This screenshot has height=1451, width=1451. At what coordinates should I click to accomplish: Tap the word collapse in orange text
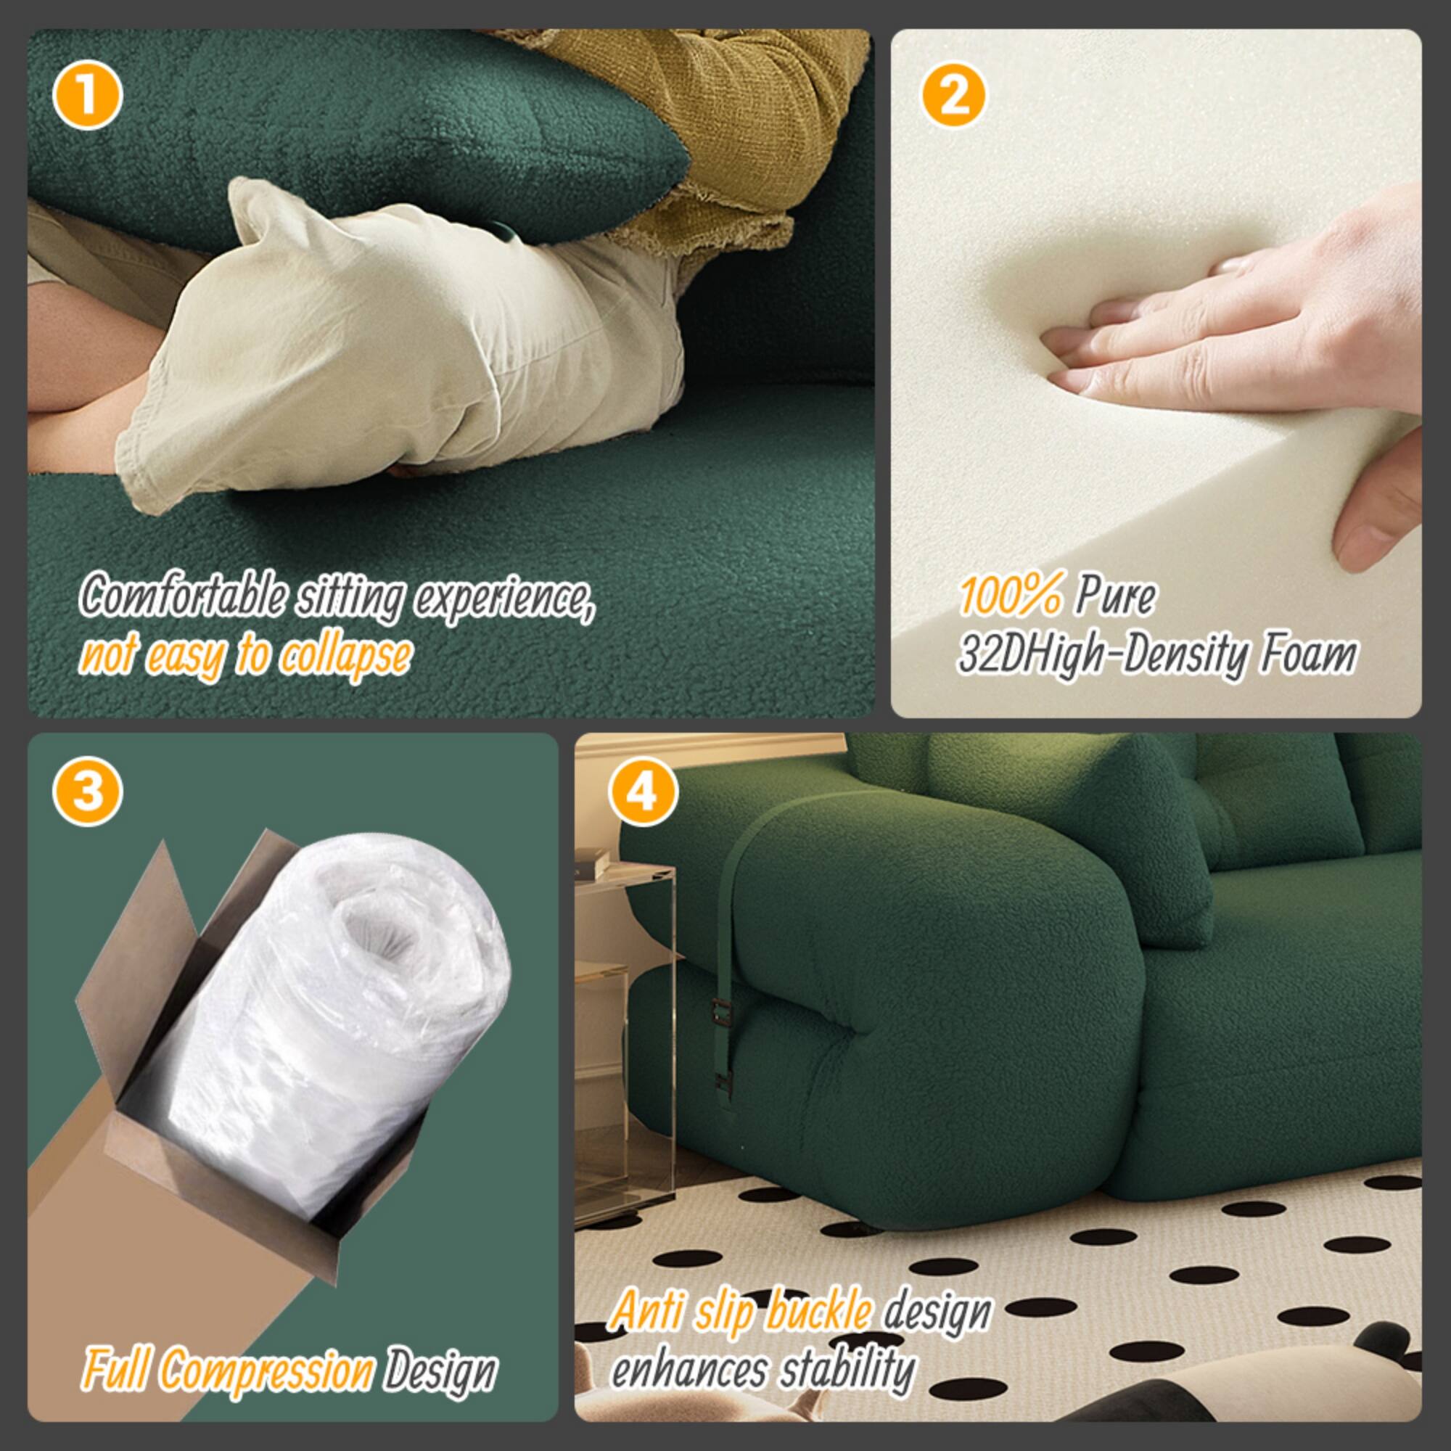click(x=345, y=655)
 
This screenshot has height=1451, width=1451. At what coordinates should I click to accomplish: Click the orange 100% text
click(x=1010, y=597)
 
